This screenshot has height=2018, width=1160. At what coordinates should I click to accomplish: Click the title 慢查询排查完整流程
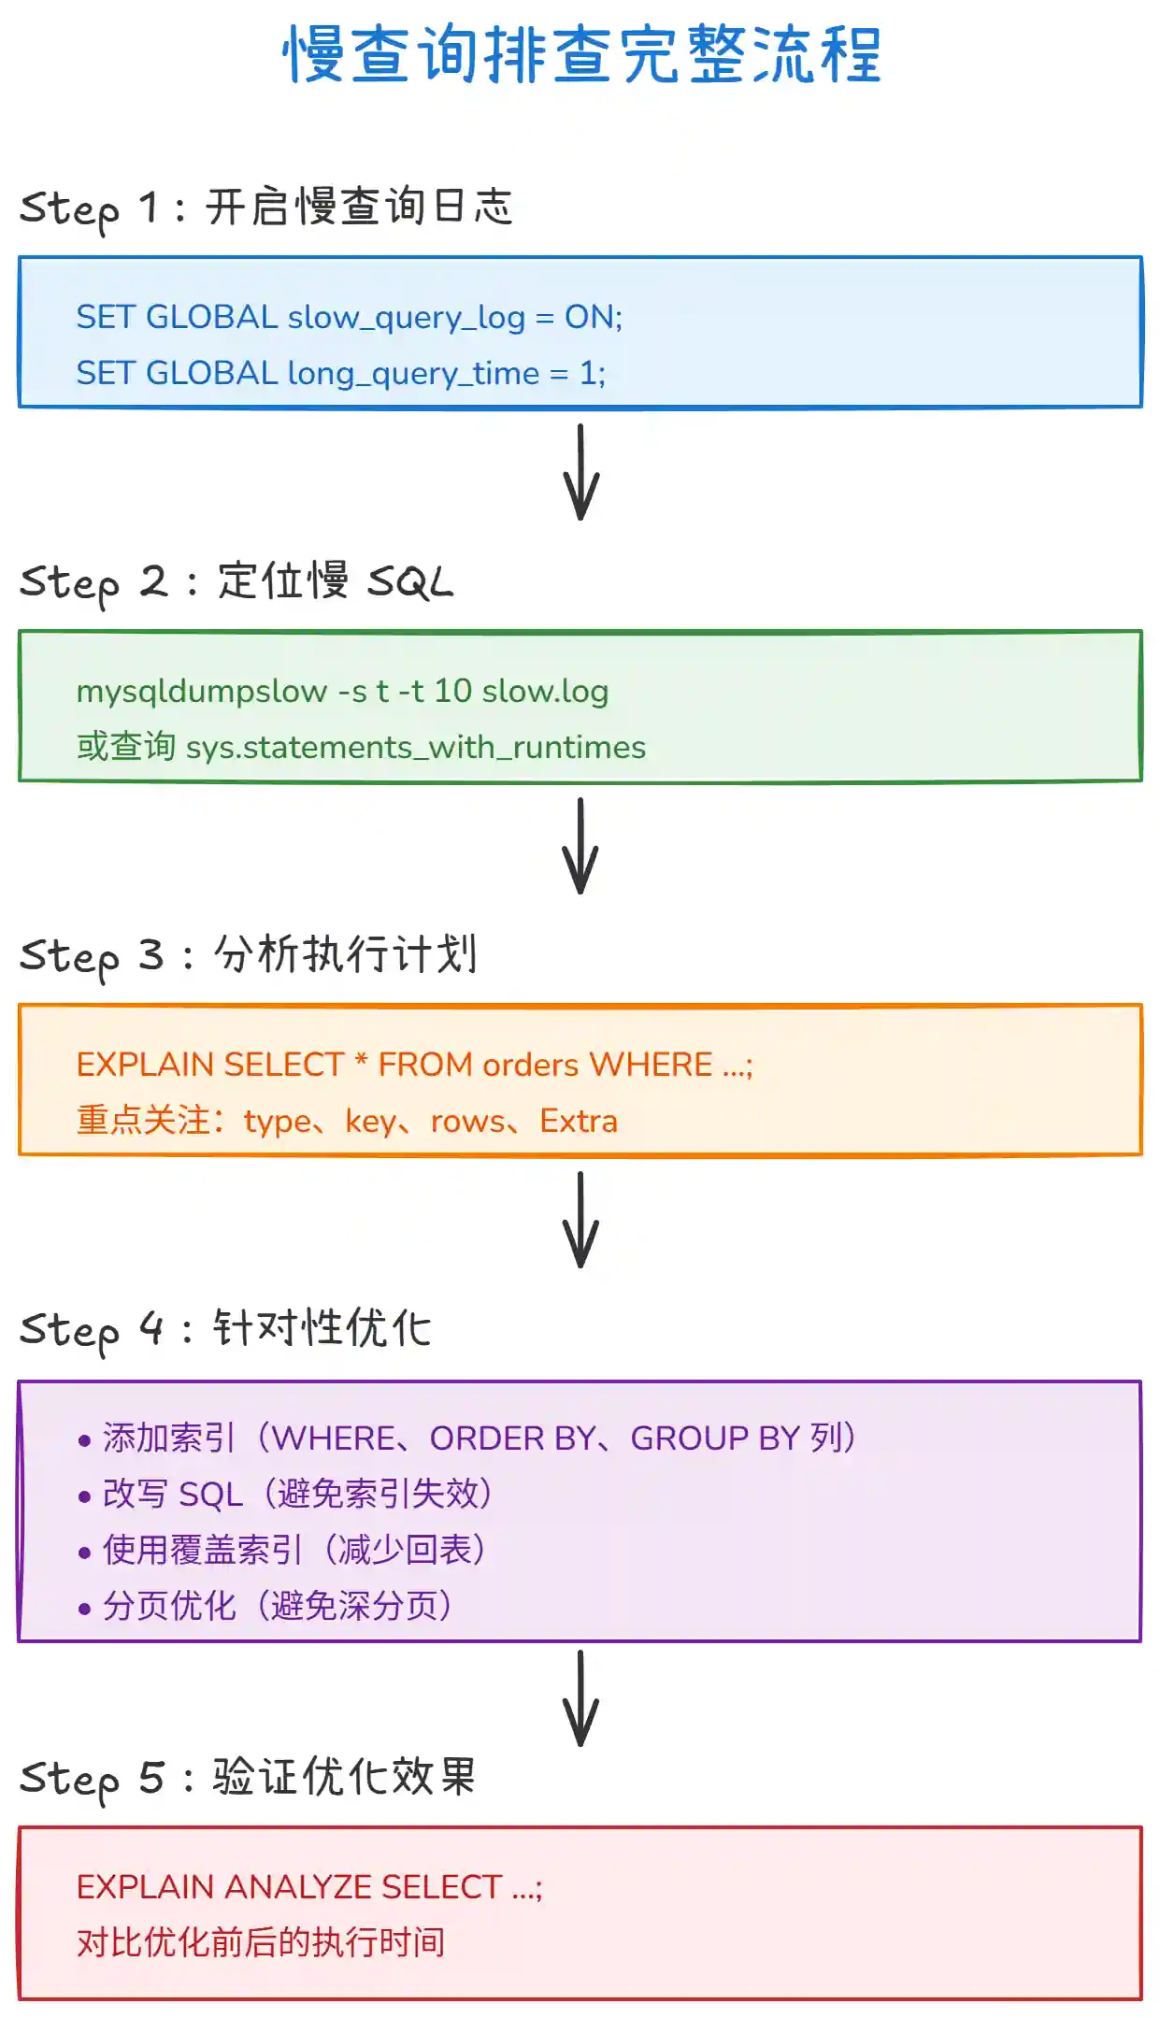[581, 54]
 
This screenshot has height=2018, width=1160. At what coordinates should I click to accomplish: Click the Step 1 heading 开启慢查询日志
[359, 207]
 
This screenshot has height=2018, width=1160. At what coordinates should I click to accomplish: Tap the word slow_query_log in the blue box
[406, 318]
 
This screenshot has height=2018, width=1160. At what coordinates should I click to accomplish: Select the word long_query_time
[413, 374]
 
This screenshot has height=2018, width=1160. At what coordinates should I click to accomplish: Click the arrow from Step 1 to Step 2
[580, 472]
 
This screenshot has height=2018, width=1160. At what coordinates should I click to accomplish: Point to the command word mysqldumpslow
[201, 692]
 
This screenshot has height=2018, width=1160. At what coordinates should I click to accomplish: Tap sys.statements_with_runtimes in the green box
[415, 748]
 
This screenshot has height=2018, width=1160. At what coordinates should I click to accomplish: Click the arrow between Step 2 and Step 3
[580, 846]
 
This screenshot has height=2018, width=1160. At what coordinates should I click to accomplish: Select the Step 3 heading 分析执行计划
[346, 954]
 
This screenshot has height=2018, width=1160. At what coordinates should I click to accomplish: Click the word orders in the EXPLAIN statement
[530, 1066]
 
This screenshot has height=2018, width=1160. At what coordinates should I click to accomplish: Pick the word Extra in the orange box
[578, 1121]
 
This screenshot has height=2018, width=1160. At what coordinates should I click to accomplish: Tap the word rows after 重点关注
[467, 1121]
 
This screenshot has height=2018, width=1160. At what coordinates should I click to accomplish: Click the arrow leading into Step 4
[580, 1220]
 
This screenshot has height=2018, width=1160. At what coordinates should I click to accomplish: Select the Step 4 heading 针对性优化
[322, 1328]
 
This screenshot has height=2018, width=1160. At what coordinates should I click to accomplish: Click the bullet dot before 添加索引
[85, 1440]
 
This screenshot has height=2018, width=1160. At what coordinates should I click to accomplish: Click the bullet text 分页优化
[169, 1607]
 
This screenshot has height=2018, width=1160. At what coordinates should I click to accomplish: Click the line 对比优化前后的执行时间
[261, 1942]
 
